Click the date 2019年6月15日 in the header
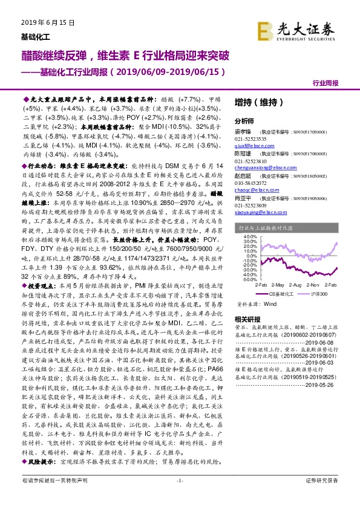click(x=41, y=22)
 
